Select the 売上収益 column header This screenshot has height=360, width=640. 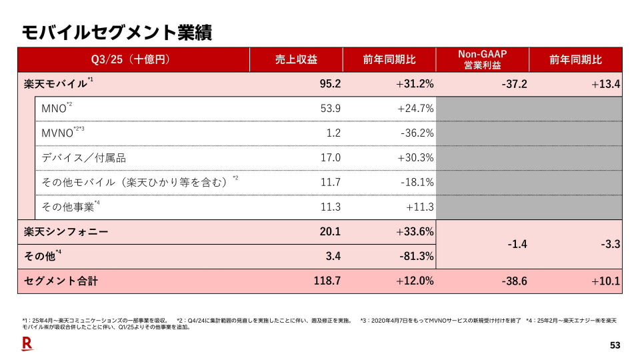(x=296, y=59)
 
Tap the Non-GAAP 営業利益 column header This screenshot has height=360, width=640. (x=482, y=59)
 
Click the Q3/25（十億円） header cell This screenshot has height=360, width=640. (x=133, y=59)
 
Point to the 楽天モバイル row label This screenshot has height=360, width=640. (x=54, y=84)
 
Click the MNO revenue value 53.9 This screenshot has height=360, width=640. (x=330, y=108)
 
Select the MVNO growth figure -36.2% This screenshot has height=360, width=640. (x=417, y=133)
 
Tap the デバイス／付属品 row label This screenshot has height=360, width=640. (x=83, y=158)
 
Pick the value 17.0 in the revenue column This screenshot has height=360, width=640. (x=330, y=158)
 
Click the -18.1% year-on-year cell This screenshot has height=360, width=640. (x=417, y=182)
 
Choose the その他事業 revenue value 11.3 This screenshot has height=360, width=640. (x=330, y=207)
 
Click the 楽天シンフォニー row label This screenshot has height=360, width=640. (x=65, y=232)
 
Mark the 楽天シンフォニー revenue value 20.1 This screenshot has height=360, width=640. (x=330, y=232)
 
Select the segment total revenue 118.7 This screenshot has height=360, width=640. (x=327, y=281)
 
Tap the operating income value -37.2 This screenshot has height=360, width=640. (x=515, y=84)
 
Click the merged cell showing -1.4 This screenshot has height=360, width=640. (x=517, y=245)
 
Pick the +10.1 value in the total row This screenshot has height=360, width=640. (x=606, y=281)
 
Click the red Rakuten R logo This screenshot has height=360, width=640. (x=27, y=345)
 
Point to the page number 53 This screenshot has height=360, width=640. (x=615, y=345)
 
